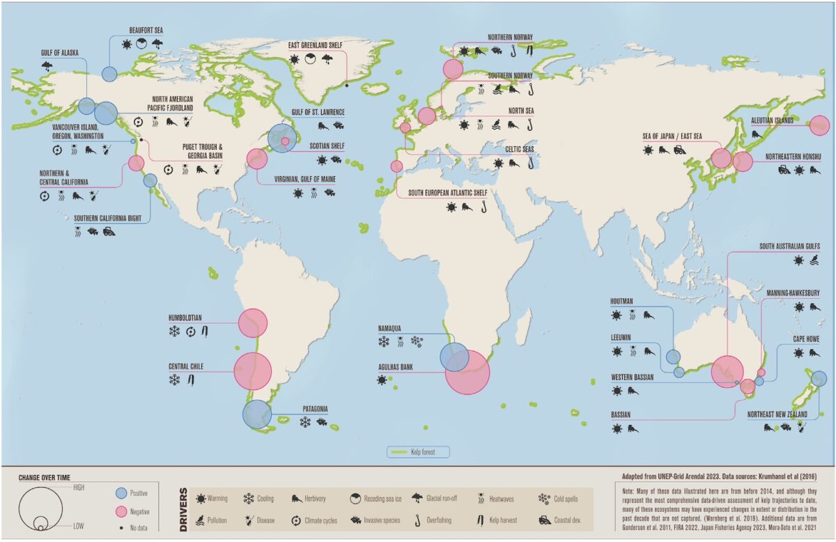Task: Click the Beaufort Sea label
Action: pyautogui.click(x=146, y=31)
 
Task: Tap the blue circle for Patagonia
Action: pyautogui.click(x=257, y=414)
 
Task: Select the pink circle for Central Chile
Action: pyautogui.click(x=252, y=371)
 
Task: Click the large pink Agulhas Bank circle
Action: pyautogui.click(x=467, y=372)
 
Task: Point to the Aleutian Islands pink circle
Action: pyautogui.click(x=819, y=125)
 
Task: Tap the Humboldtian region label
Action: pyautogui.click(x=185, y=318)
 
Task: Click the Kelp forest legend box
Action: pyautogui.click(x=419, y=452)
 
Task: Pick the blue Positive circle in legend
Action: pyautogui.click(x=120, y=493)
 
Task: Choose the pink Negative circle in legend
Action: pyautogui.click(x=120, y=511)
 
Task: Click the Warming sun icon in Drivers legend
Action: pyautogui.click(x=201, y=498)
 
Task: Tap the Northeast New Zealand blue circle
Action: pyautogui.click(x=819, y=379)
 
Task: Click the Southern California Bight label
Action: pyautogui.click(x=111, y=218)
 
